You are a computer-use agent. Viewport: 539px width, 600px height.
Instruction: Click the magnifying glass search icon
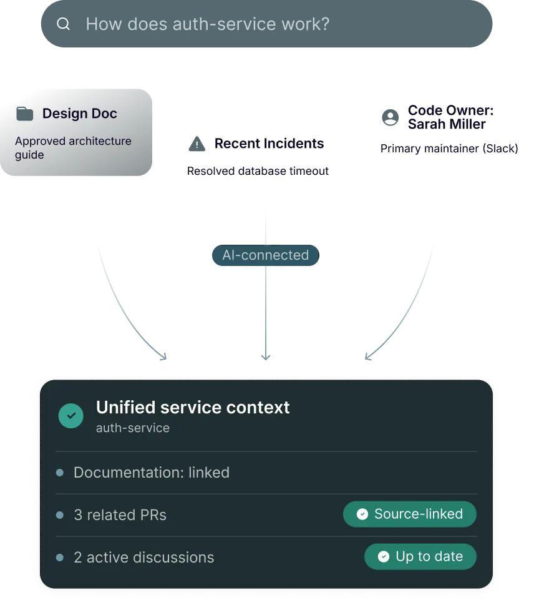click(63, 24)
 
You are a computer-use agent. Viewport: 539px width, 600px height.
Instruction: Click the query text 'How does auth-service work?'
click(207, 24)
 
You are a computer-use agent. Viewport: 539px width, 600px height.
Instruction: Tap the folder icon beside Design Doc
click(24, 114)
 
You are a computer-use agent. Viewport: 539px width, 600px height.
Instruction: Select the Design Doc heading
click(79, 114)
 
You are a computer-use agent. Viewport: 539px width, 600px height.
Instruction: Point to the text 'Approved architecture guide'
click(73, 148)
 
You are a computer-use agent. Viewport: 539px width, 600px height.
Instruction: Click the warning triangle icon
click(197, 144)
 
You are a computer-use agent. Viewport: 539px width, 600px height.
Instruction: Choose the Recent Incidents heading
click(269, 144)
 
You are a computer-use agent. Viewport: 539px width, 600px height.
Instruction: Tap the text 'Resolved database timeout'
click(258, 171)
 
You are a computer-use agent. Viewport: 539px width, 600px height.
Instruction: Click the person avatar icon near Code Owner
click(390, 117)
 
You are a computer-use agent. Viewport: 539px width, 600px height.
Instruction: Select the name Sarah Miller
click(447, 124)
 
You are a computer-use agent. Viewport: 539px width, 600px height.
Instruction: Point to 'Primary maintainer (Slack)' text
click(449, 149)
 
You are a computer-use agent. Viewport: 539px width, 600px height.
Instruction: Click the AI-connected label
click(265, 255)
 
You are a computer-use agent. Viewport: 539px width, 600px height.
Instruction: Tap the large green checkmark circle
click(71, 415)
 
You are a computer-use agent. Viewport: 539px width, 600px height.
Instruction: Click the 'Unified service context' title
click(193, 408)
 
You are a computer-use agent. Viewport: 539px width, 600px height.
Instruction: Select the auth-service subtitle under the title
click(132, 428)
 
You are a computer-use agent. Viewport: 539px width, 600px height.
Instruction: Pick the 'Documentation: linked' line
click(151, 473)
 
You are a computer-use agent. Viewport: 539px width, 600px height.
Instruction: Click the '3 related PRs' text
click(120, 515)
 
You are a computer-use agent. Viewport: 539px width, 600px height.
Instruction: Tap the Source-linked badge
click(410, 514)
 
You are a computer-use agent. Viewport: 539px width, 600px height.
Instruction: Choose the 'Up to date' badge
click(420, 557)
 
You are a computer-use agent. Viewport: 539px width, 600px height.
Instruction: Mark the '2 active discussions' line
click(143, 558)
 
